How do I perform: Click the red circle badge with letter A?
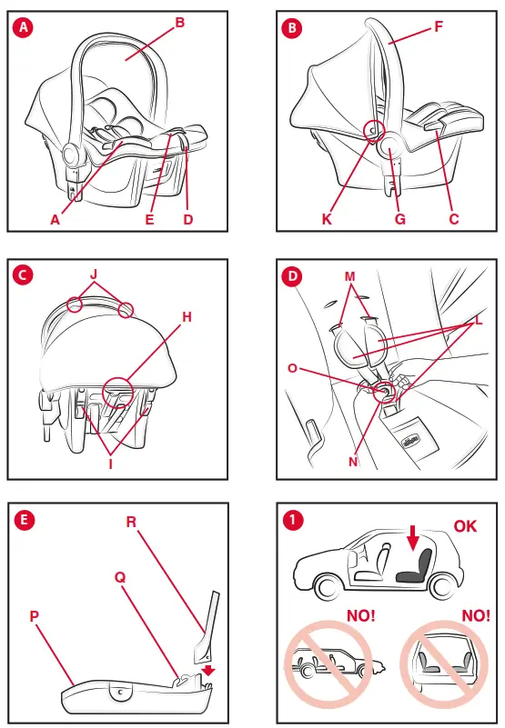click(x=24, y=27)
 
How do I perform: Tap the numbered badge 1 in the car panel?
click(x=293, y=520)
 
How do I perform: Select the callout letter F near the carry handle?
click(x=439, y=27)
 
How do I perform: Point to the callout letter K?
click(x=327, y=219)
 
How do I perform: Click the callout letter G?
click(x=400, y=219)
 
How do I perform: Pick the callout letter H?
click(x=187, y=317)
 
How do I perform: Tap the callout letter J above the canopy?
click(x=94, y=274)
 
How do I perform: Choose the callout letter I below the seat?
click(x=111, y=464)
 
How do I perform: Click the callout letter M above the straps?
click(x=349, y=276)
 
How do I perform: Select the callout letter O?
click(x=292, y=368)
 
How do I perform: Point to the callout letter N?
click(x=353, y=462)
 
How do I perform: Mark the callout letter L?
click(x=479, y=320)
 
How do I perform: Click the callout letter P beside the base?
click(x=35, y=616)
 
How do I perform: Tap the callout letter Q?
click(x=120, y=577)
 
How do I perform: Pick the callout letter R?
click(x=131, y=522)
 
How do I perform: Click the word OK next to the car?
click(x=465, y=526)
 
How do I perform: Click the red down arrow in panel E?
click(x=208, y=671)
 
